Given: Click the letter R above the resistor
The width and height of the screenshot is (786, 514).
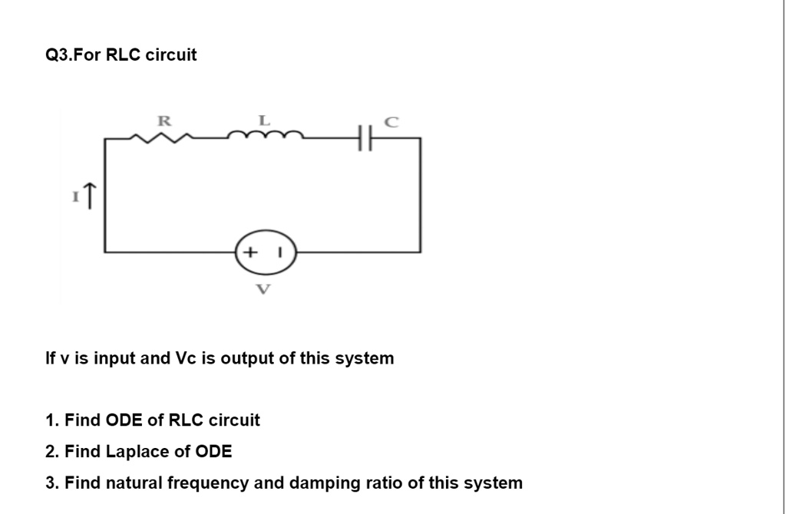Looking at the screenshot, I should [163, 120].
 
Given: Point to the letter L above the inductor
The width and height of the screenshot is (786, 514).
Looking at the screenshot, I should [264, 120].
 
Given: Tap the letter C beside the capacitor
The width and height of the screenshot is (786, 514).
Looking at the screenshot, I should [391, 121].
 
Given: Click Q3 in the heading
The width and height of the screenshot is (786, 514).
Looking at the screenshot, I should [58, 55].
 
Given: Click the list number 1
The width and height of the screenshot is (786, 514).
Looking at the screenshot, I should [51, 420].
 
